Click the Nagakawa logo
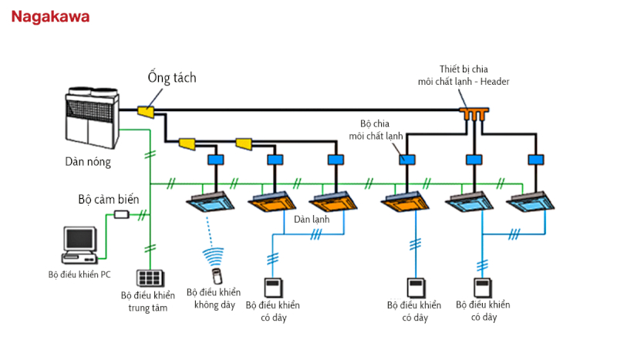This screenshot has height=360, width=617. pos(50,16)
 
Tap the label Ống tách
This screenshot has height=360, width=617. pos(172,78)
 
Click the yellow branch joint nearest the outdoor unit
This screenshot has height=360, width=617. pos(146,113)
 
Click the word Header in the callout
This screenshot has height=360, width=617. pos(493,81)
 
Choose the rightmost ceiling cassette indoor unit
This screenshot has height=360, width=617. pos(533,203)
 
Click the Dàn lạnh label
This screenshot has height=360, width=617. pos(311,220)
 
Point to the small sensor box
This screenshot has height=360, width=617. pos(121,214)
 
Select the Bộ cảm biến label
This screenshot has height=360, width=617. pos(109,199)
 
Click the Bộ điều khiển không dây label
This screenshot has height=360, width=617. pos(213,298)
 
